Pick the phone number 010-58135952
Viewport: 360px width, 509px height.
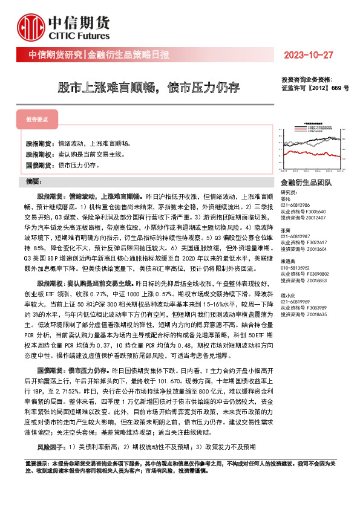click(x=295, y=267)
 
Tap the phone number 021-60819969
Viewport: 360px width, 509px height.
click(x=295, y=301)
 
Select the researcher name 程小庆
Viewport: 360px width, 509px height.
click(x=289, y=294)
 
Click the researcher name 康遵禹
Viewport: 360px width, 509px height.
click(x=289, y=261)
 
